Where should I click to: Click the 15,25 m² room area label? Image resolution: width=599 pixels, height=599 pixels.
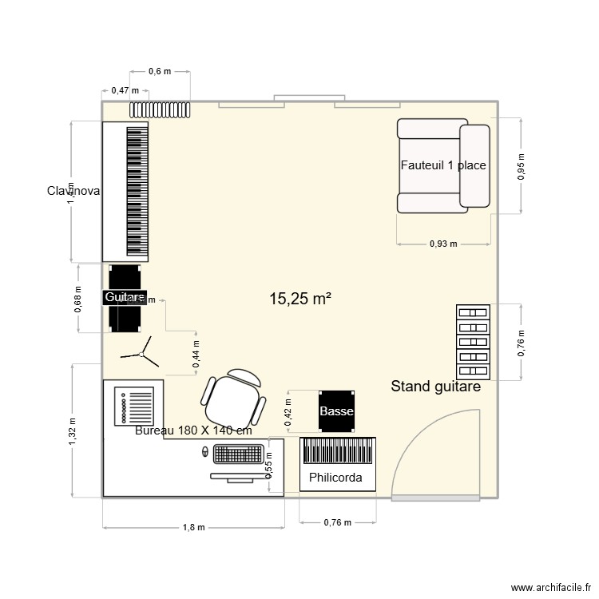point(300,299)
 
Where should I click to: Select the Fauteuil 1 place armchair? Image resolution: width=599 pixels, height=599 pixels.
point(442,165)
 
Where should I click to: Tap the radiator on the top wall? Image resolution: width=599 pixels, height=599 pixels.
point(161,109)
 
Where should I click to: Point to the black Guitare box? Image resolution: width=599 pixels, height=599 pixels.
point(125,298)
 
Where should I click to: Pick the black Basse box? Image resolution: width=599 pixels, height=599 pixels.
point(335,411)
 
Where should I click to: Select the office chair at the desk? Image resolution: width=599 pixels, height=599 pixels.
point(234,399)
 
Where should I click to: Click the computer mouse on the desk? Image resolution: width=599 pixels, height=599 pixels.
point(204,452)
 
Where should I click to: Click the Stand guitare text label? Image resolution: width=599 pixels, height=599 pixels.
point(435,387)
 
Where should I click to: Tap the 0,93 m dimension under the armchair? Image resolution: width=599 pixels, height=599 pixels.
point(443,244)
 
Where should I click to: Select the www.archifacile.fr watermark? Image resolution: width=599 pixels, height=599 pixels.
point(541,585)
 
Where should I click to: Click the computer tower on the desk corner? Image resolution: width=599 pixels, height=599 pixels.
point(135,407)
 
